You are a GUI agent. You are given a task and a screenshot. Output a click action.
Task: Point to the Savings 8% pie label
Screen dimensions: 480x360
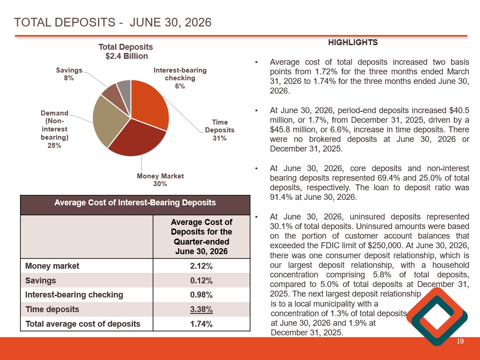tap(69, 74)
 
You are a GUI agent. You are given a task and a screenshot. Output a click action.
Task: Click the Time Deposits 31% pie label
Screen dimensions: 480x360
tap(220, 130)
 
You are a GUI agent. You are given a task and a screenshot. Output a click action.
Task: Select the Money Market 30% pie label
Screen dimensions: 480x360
tap(160, 180)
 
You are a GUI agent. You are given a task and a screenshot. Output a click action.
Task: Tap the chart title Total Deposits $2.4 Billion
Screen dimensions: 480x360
tap(126, 52)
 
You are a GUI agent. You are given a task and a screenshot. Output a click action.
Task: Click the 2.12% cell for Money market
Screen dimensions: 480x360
tap(201, 266)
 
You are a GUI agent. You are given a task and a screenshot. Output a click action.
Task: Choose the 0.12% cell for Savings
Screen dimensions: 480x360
tap(201, 281)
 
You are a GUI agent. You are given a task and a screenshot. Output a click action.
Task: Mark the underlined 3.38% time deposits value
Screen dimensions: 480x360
tap(201, 309)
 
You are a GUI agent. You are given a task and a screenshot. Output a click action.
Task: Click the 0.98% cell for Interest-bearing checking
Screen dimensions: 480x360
tap(201, 295)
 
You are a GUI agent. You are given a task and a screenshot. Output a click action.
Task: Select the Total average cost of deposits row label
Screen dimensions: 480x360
tap(83, 324)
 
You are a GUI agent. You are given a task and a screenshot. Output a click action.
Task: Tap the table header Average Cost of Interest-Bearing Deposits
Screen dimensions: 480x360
tap(135, 203)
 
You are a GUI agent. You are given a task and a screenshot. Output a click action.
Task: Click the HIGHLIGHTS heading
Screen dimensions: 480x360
tap(353, 42)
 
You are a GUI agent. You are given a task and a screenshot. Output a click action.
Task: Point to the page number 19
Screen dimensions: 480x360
tap(460, 341)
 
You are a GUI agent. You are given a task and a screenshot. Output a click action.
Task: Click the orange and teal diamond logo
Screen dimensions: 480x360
tap(437, 317)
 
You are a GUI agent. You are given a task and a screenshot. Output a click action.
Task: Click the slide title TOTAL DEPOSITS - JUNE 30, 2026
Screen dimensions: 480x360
tap(113, 22)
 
